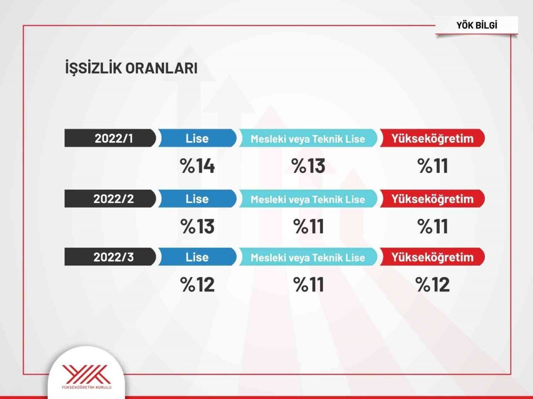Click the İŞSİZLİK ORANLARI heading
(131, 68)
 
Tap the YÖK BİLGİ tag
(477, 25)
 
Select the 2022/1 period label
(114, 138)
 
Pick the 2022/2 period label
(114, 199)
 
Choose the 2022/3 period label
(114, 257)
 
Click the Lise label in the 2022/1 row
(197, 138)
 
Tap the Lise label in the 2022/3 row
(197, 257)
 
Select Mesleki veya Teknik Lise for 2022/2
(308, 199)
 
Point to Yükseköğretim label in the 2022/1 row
(432, 138)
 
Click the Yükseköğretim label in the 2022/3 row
(432, 257)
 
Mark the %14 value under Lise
(197, 166)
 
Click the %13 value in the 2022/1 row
(309, 166)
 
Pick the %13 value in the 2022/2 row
(197, 227)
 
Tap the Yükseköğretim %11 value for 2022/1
(433, 166)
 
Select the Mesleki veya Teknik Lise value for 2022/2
(309, 227)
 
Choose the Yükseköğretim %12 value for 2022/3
(433, 285)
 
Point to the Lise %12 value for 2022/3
(197, 285)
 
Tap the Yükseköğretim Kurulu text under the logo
(86, 388)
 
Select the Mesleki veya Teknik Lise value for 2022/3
(309, 285)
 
